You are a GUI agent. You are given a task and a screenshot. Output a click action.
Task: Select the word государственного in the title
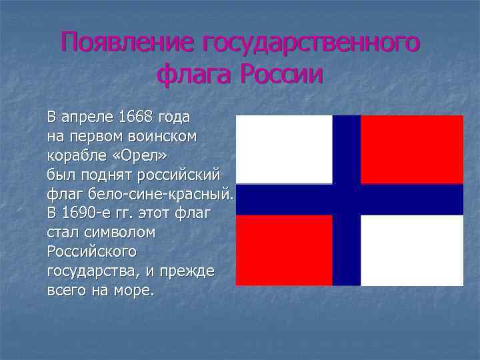(x=311, y=43)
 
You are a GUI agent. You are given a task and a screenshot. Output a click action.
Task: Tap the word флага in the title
(x=194, y=74)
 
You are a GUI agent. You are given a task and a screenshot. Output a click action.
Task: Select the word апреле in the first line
(x=87, y=117)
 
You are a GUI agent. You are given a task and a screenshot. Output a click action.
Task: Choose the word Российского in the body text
(x=91, y=252)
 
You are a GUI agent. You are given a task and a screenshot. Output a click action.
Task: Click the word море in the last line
(x=136, y=291)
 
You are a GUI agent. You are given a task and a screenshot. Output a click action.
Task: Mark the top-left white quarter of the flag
(x=284, y=149)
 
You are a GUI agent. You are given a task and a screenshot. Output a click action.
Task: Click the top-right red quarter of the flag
(x=412, y=149)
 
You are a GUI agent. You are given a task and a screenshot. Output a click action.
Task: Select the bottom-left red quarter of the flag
(x=284, y=250)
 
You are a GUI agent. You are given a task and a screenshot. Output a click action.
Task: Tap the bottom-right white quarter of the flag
(x=412, y=250)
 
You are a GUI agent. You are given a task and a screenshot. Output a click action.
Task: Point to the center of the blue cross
(x=347, y=199)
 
